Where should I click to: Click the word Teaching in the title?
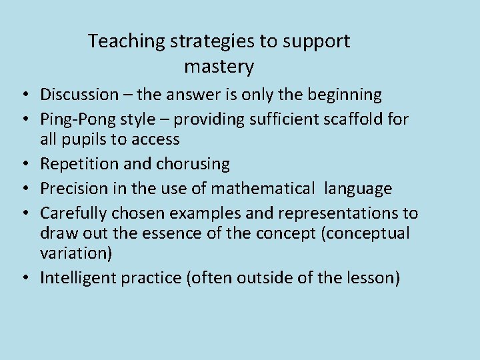126,41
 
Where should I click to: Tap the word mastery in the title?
219,67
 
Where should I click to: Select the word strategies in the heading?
213,41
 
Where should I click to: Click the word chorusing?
193,164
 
